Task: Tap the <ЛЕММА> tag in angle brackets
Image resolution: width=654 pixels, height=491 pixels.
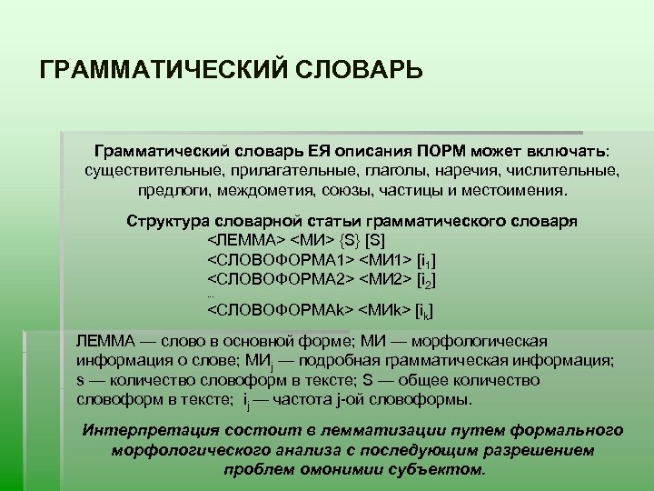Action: tap(246, 243)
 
